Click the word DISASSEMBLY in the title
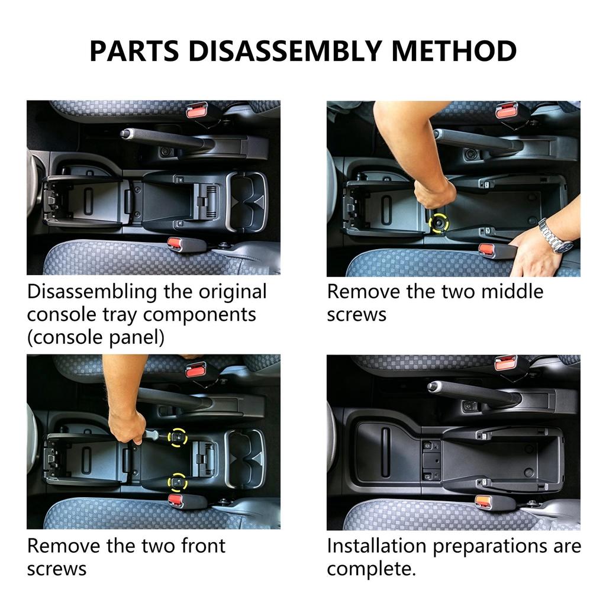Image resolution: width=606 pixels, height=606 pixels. click(x=285, y=51)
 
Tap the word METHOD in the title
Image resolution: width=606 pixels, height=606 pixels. click(x=454, y=51)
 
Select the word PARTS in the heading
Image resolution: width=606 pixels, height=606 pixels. click(x=134, y=51)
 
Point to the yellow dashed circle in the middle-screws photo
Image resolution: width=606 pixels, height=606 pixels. click(x=439, y=223)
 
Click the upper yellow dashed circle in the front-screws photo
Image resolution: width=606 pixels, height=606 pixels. click(x=178, y=437)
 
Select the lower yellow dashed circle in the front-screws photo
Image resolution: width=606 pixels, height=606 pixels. click(x=178, y=482)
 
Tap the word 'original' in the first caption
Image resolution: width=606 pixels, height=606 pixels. click(x=233, y=292)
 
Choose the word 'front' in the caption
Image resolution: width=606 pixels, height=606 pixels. click(x=204, y=546)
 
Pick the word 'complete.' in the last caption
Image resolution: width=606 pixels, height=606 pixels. click(x=372, y=569)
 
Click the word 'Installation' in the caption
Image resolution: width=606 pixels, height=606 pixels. click(x=376, y=546)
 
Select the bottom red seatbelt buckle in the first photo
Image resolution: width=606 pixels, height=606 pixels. click(x=176, y=244)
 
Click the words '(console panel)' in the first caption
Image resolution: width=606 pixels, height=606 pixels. click(x=96, y=337)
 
